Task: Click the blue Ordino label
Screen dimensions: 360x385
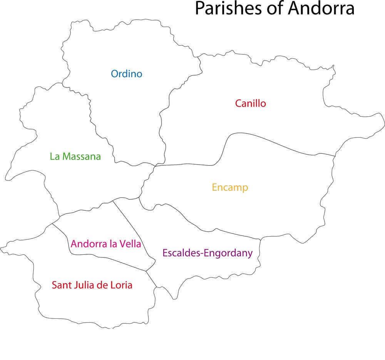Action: [126, 74]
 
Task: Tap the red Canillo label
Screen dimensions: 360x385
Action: [250, 103]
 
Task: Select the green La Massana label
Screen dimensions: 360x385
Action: [75, 156]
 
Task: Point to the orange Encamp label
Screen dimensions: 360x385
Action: [230, 188]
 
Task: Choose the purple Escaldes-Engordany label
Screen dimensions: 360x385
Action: [208, 253]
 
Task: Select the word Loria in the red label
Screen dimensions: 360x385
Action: [119, 285]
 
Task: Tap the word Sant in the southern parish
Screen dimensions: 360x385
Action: [60, 285]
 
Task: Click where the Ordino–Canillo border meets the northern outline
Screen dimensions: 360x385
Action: [198, 57]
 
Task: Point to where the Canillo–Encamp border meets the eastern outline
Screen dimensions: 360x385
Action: [335, 156]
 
